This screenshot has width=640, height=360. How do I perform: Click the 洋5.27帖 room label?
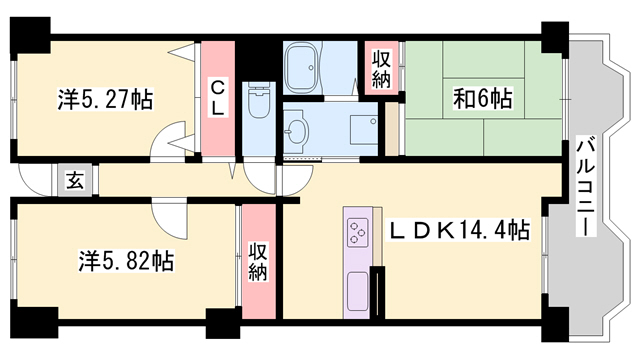105,100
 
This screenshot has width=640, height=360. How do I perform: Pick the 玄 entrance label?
75,181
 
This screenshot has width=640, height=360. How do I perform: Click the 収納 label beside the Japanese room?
381,70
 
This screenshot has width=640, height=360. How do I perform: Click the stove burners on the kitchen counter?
357,234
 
